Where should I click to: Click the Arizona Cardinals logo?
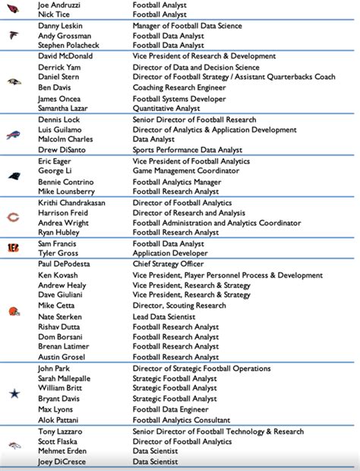(x=14, y=9)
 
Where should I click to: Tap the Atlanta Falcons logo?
(x=14, y=35)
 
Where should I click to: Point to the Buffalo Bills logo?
(x=14, y=135)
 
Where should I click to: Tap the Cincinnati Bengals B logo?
(x=14, y=248)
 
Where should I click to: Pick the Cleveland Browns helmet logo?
(x=14, y=311)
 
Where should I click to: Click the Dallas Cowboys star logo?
(x=14, y=394)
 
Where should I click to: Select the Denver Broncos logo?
(x=14, y=446)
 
